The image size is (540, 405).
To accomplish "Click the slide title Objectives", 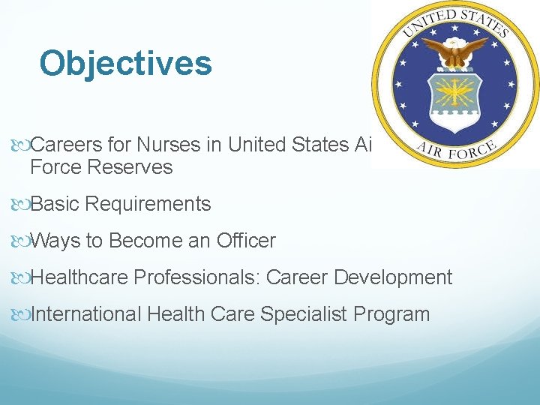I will pos(125,64).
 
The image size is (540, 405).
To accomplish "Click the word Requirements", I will pos(149,203).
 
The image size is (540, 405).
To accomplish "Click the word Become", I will pos(138,241).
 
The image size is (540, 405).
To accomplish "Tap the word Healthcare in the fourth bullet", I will pos(79,277).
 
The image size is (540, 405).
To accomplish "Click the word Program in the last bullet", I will pos(394,313).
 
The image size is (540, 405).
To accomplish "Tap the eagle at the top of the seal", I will pos(455,53).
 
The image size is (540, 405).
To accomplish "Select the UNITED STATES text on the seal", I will pos(455,20).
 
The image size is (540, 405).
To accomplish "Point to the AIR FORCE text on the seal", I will pos(455,150).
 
